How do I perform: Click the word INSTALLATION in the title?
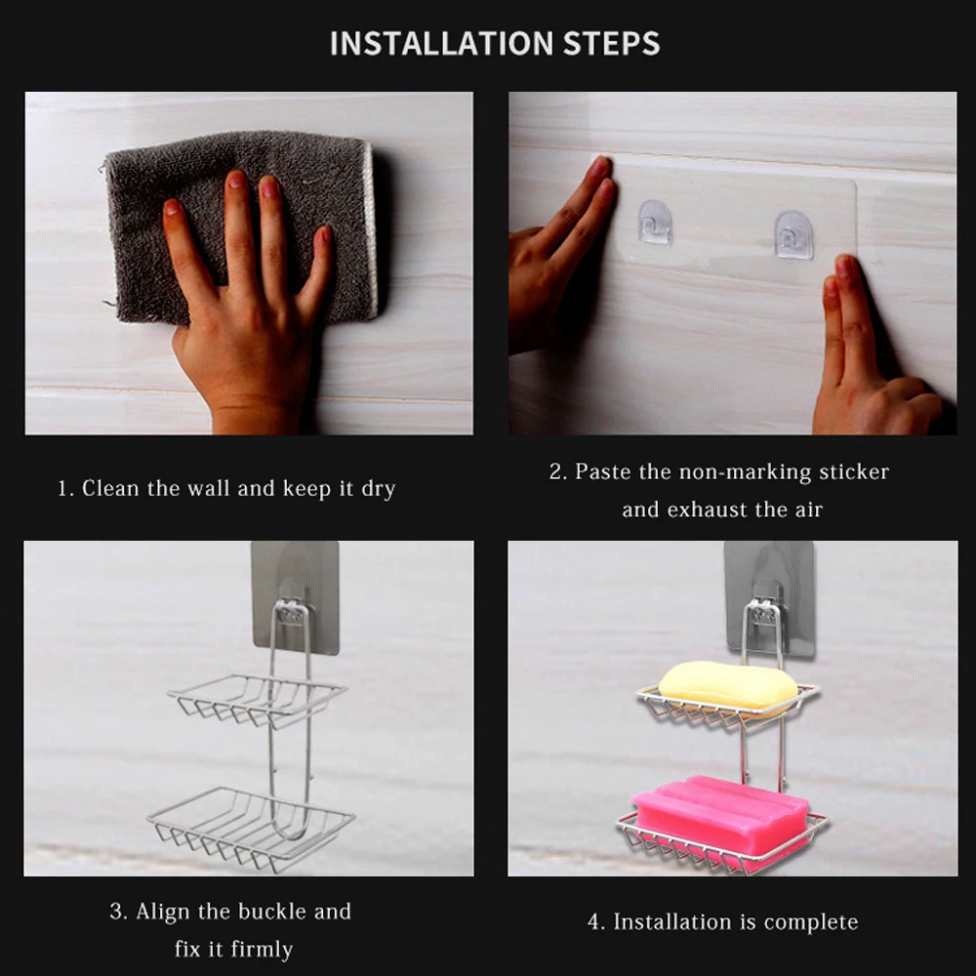[441, 44]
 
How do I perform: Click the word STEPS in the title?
[611, 44]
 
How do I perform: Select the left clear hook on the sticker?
[655, 223]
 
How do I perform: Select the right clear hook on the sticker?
[793, 235]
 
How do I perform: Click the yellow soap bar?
[728, 688]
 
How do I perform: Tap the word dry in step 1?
[378, 489]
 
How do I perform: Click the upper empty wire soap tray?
[257, 700]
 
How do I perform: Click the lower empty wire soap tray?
[252, 828]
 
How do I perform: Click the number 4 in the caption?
[593, 922]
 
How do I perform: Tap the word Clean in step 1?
[110, 489]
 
